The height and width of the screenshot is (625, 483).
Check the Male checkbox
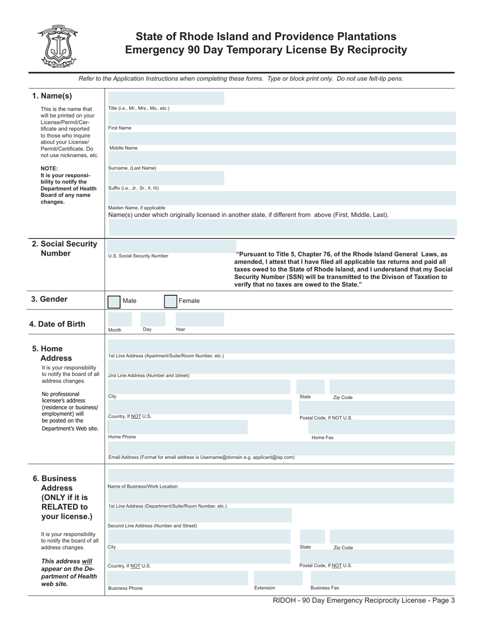(114, 301)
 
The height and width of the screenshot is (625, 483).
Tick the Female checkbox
(170, 301)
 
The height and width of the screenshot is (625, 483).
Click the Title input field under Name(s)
(166, 98)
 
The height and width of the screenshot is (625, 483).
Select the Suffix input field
(166, 178)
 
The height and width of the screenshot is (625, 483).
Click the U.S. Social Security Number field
(171, 246)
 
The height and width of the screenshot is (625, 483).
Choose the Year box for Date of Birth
(199, 319)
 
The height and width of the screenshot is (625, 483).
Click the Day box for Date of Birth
(156, 319)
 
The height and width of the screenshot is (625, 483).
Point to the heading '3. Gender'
(49, 299)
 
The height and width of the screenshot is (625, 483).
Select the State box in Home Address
(310, 387)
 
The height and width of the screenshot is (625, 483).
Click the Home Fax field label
(322, 438)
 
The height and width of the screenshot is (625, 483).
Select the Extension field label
(264, 588)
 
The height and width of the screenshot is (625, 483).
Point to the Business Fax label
(324, 588)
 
